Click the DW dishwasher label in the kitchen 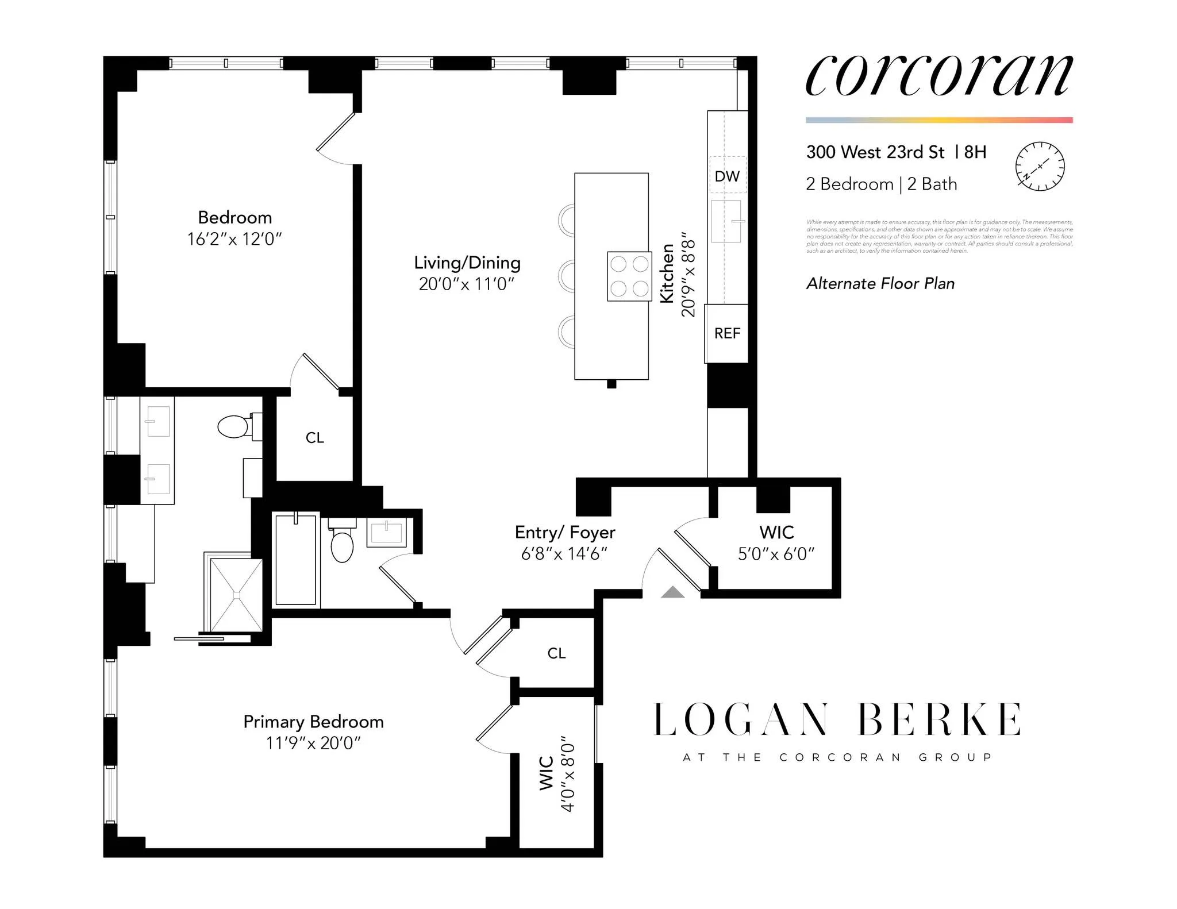(727, 176)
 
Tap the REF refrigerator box (727, 333)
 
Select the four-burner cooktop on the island (629, 276)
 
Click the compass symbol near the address (1040, 166)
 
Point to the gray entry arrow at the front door (672, 592)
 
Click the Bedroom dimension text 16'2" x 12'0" (234, 239)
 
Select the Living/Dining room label (467, 263)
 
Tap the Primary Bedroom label (313, 722)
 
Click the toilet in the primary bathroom (234, 426)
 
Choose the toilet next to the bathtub (342, 545)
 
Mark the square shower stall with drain (236, 595)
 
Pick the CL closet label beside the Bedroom (314, 438)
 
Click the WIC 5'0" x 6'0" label (776, 542)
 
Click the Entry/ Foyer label (564, 533)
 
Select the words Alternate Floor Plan (880, 284)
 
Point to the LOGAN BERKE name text (837, 719)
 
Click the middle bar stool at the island (567, 276)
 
